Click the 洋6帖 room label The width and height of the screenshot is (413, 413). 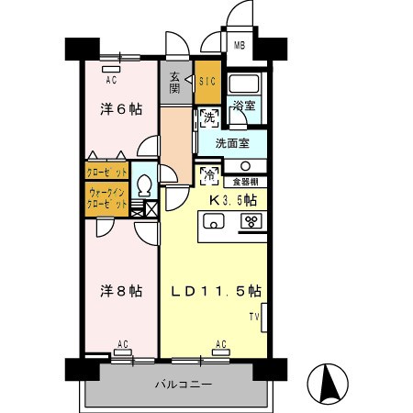[x=121, y=108]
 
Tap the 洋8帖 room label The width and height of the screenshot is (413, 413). [x=121, y=291]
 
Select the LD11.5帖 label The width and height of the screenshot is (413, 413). [x=216, y=291]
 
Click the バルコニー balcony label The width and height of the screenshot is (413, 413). [x=182, y=384]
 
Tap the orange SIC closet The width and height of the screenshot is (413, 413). [x=206, y=81]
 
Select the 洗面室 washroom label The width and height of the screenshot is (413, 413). [x=232, y=143]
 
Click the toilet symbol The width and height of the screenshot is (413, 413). [x=143, y=184]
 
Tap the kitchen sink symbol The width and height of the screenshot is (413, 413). [x=214, y=220]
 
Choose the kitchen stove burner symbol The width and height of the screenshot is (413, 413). [x=249, y=220]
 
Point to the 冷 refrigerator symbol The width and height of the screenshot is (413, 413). [x=207, y=173]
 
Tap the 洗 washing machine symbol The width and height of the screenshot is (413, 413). [x=207, y=118]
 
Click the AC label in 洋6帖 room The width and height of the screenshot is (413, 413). [x=110, y=79]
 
